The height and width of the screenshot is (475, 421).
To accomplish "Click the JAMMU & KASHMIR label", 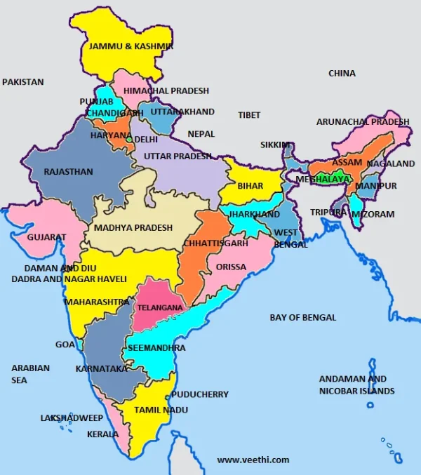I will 130,46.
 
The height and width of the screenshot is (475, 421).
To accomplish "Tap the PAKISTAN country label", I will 23,82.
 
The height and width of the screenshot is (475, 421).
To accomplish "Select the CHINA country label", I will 342,73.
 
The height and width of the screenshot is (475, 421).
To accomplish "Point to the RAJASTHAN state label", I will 68,171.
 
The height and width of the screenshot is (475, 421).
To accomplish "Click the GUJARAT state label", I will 46,237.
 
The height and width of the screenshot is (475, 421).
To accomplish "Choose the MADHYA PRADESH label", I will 133,228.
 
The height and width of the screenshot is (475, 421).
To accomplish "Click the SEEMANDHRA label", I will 156,348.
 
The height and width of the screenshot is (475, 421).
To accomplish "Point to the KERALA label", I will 102,434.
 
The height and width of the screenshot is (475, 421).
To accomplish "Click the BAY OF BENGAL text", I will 303,317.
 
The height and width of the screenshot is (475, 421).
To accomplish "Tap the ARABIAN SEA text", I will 30,374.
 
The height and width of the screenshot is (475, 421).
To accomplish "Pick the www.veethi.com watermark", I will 253,460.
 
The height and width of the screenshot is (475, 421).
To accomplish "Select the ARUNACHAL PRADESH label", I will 363,121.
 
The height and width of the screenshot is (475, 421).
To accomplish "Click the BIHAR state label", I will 250,186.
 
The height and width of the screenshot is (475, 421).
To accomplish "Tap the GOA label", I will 65,344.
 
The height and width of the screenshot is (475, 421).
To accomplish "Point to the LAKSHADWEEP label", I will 71,417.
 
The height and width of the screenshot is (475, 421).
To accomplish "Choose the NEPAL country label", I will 201,133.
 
